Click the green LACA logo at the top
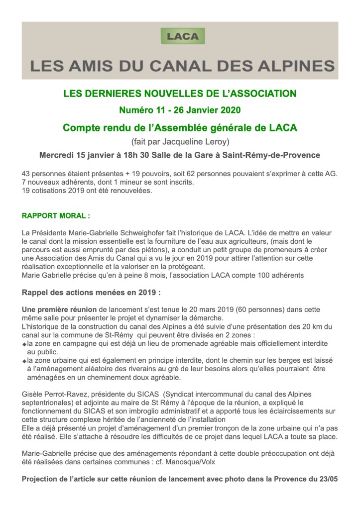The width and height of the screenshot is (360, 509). (x=183, y=37)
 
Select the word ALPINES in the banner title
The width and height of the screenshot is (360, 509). (x=293, y=66)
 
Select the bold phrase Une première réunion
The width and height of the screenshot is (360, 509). (x=60, y=309)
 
